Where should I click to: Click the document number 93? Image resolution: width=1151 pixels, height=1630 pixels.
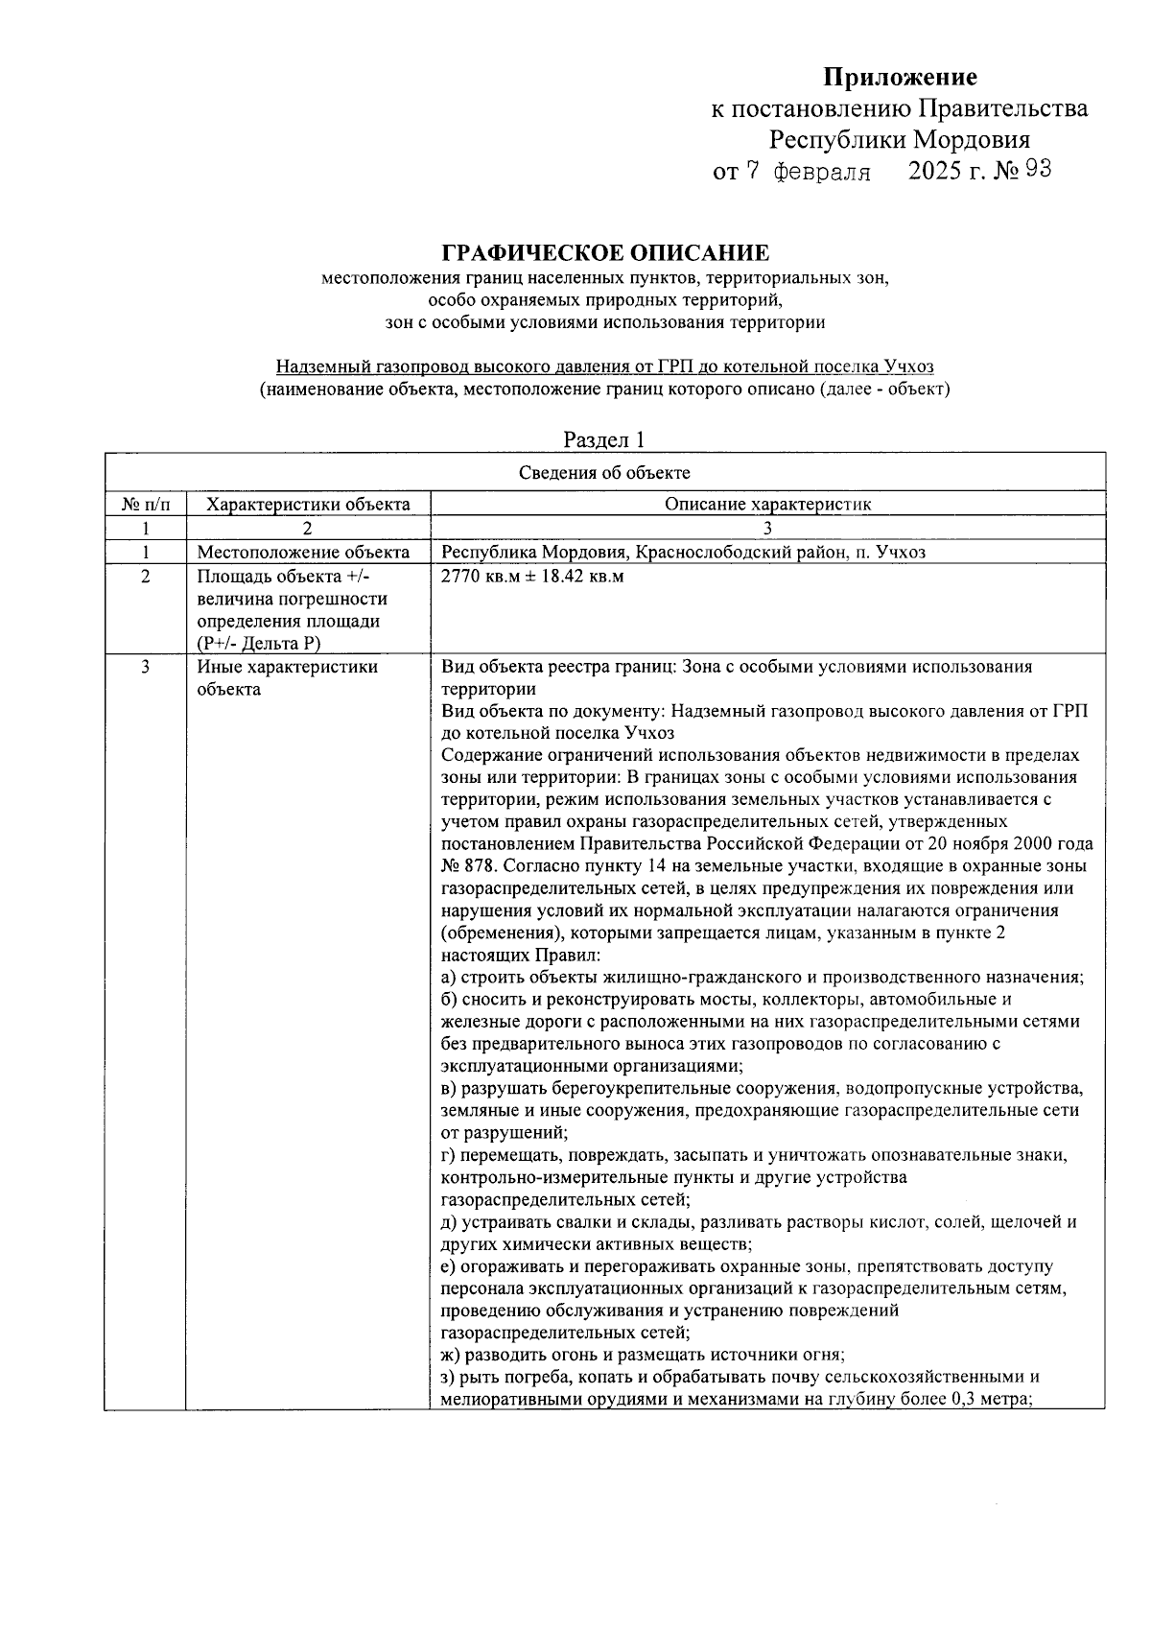(1038, 170)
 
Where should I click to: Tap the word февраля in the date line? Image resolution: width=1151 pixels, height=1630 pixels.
(821, 173)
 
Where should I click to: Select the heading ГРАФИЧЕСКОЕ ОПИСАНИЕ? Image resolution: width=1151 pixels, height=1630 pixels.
(604, 253)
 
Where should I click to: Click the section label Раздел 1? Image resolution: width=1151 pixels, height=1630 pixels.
(604, 439)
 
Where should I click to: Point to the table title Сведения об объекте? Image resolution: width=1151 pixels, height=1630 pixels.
(604, 473)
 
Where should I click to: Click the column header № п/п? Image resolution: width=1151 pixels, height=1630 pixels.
(145, 504)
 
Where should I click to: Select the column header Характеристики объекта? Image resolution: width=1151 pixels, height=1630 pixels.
(308, 504)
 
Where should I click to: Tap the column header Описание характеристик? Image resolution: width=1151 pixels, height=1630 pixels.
(767, 504)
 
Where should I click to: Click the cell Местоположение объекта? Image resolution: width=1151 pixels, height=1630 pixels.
(303, 553)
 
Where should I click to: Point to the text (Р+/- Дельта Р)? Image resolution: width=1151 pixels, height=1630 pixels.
(259, 644)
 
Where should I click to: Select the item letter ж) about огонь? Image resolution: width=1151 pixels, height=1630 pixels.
(450, 1356)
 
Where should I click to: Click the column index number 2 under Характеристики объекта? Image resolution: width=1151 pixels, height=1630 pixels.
(308, 528)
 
